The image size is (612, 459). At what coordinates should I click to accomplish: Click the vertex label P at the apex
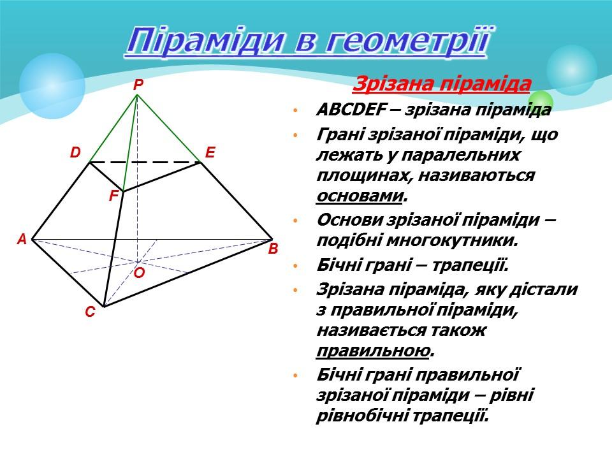[138, 85]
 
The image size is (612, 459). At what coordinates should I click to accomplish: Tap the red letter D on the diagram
[76, 152]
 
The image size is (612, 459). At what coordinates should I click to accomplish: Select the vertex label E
[211, 152]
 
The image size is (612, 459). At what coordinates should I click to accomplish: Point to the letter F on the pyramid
[113, 196]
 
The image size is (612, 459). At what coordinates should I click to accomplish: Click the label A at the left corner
[22, 240]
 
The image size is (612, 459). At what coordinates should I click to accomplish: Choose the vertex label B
[273, 249]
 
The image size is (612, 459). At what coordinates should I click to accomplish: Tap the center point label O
[139, 273]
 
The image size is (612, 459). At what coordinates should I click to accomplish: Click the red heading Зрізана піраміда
[442, 84]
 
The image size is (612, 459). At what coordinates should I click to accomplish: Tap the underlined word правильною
[373, 351]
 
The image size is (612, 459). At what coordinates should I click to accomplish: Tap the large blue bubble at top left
[52, 86]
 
